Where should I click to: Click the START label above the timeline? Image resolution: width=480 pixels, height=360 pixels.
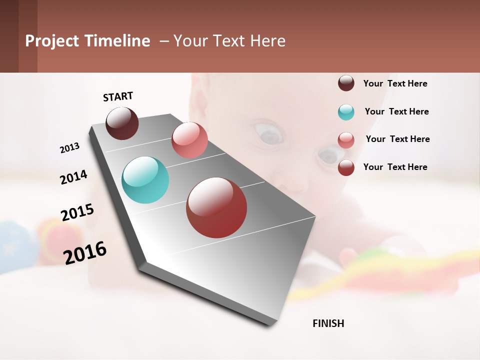[118, 96]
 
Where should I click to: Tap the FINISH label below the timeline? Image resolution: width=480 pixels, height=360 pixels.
[328, 323]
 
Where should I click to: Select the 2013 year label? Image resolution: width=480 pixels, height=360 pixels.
[69, 148]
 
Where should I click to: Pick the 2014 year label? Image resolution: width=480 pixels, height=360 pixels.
[73, 177]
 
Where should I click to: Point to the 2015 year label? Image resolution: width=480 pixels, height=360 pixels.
[77, 212]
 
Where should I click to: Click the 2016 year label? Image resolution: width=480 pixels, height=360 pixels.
[85, 252]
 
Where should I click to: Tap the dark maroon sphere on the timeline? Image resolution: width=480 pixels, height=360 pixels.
[122, 123]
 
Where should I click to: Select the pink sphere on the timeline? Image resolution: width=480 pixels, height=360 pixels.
[189, 140]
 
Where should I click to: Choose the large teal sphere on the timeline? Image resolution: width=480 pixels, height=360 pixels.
[145, 180]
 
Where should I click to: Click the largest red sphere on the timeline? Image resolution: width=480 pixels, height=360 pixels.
[216, 207]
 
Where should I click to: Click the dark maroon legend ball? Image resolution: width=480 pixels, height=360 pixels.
[346, 83]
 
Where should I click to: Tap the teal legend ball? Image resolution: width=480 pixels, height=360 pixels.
[346, 112]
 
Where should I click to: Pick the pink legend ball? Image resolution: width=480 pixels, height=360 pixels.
[346, 140]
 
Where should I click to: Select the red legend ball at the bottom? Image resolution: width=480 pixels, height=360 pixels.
[346, 167]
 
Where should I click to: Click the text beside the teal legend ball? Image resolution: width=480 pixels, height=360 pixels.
[396, 111]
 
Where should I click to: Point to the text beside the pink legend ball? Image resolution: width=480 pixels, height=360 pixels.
[397, 139]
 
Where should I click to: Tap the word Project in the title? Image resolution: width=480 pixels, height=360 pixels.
[52, 41]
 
